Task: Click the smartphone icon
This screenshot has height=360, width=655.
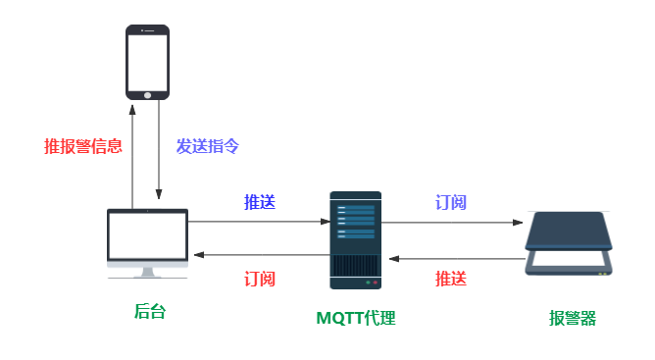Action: point(147,62)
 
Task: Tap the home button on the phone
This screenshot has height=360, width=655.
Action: point(148,94)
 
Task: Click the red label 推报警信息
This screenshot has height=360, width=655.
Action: point(83,146)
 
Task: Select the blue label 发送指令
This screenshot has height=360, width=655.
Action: point(207,146)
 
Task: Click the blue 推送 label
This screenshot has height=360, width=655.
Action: point(260,202)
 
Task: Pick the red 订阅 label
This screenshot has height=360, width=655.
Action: point(260,279)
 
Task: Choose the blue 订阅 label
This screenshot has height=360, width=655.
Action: point(451,202)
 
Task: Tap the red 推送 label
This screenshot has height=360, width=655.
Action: point(451,279)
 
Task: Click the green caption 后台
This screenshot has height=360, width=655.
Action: point(149,312)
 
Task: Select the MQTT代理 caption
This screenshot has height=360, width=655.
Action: point(355,318)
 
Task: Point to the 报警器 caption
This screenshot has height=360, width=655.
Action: point(572,318)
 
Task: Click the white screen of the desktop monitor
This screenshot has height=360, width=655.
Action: point(147,235)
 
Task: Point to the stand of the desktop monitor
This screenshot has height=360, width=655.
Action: point(147,271)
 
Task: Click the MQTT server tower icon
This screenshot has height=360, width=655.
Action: point(355,240)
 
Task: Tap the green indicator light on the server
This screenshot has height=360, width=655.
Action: point(368,283)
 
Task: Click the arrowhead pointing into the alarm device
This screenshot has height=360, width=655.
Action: point(519,223)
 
